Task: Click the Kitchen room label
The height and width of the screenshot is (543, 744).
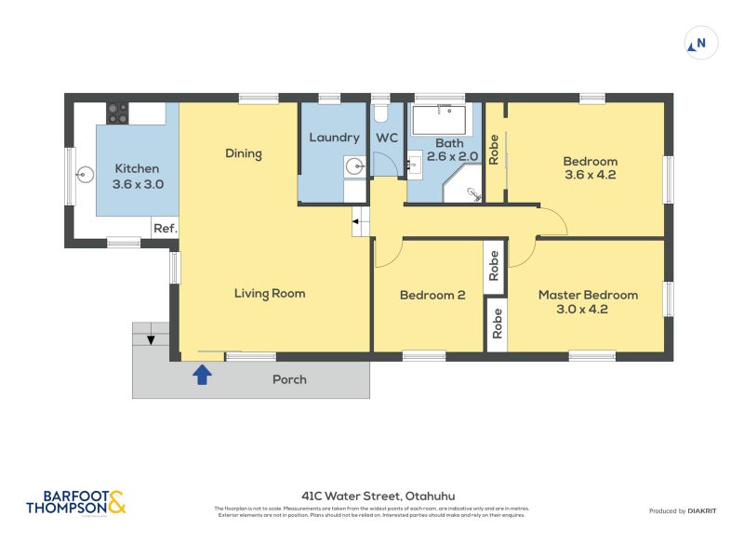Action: pos(137,176)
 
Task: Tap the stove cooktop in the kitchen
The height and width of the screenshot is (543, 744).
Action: pos(117,113)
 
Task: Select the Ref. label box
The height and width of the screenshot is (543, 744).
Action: pos(165,228)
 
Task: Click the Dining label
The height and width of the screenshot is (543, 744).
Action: pos(244,153)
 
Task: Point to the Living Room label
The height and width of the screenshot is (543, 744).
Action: pos(270,294)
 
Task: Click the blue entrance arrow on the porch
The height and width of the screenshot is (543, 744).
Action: pos(202,374)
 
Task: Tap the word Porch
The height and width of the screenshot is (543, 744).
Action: pos(289,379)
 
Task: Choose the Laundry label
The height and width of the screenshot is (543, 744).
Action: pos(334,138)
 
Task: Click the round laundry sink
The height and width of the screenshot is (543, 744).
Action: pos(354,166)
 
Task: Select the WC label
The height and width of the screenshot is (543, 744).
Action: pos(387,138)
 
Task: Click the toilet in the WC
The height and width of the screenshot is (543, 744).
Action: pos(379,113)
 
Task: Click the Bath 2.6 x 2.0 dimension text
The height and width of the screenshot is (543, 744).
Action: pos(451,150)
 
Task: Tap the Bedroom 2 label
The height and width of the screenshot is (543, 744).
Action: pos(432,296)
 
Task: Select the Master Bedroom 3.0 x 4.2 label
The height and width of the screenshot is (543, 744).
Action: pos(588,302)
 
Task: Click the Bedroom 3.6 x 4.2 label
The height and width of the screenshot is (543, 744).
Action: pos(590,167)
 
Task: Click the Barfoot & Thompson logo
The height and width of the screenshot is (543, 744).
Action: pos(75,503)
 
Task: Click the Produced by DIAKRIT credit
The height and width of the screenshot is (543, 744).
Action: pos(682,510)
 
